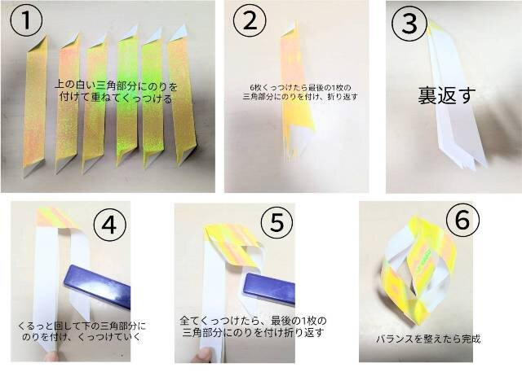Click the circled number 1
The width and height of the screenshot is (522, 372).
tap(27, 20)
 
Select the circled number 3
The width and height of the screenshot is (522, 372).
tap(409, 24)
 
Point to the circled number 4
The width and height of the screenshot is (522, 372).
tap(109, 225)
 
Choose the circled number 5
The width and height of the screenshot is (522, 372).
tap(277, 223)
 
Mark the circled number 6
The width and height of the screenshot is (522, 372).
tap(462, 220)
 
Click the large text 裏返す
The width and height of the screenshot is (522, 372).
tap(446, 96)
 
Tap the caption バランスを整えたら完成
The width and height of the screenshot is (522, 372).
tap(428, 339)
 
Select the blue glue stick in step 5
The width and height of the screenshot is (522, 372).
tap(269, 289)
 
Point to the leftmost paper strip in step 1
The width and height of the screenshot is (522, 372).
tap(35, 106)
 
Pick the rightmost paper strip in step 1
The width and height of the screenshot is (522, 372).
tap(182, 94)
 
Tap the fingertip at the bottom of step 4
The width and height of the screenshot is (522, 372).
tap(51, 357)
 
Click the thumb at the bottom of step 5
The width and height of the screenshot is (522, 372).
tap(201, 356)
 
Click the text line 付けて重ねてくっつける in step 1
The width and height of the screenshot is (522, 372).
tap(116, 98)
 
